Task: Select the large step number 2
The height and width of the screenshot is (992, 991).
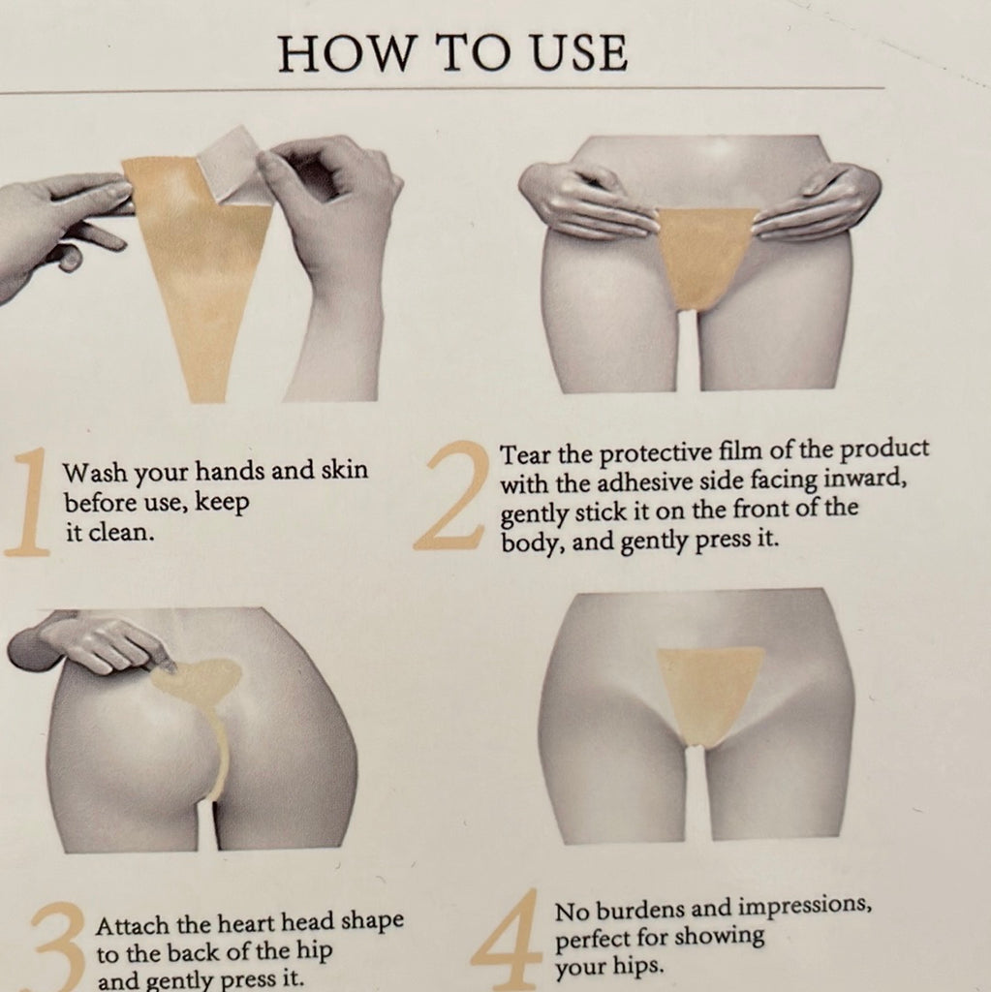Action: tap(451, 495)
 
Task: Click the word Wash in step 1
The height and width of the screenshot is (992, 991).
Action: tap(94, 472)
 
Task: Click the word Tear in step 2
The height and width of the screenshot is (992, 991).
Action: tap(525, 454)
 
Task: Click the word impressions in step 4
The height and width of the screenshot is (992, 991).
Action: tap(805, 907)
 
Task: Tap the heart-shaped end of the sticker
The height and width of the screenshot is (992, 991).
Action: tap(201, 682)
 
